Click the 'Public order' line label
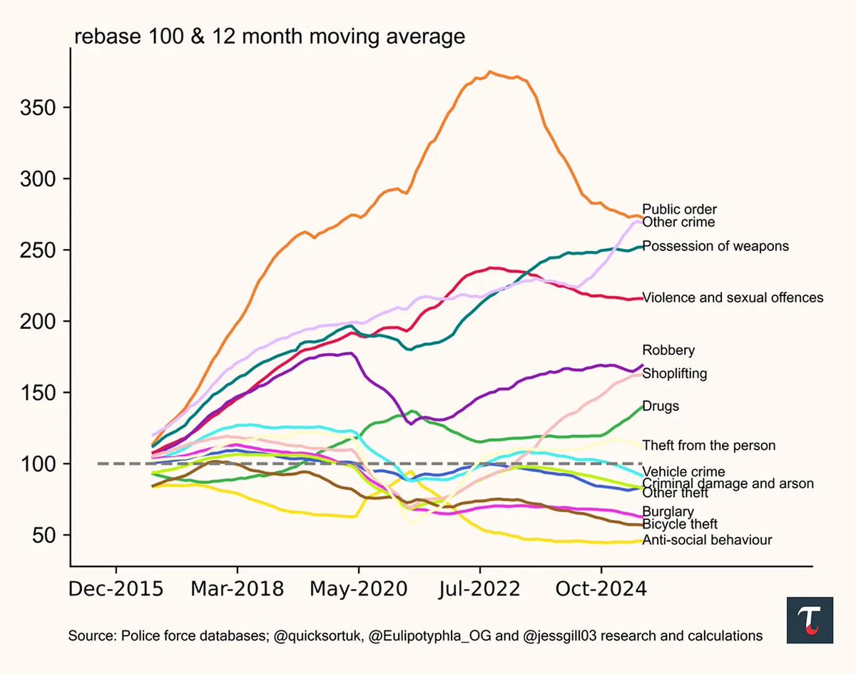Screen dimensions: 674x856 (x=679, y=210)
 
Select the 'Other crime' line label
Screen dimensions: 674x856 (x=678, y=223)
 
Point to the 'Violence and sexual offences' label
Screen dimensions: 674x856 (x=733, y=297)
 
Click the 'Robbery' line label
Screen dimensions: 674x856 (x=668, y=350)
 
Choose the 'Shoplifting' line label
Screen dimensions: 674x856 (x=675, y=373)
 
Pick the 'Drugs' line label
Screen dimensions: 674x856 (x=661, y=407)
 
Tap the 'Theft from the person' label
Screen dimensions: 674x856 (x=708, y=446)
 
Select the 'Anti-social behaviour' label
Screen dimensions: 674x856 (x=707, y=540)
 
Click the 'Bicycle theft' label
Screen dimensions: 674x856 (x=680, y=525)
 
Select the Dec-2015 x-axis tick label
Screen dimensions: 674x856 (x=116, y=590)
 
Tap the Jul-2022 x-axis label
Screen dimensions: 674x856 (x=480, y=590)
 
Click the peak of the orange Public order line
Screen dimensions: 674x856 (x=489, y=71)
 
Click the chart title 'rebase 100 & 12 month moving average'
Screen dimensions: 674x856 (x=267, y=36)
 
